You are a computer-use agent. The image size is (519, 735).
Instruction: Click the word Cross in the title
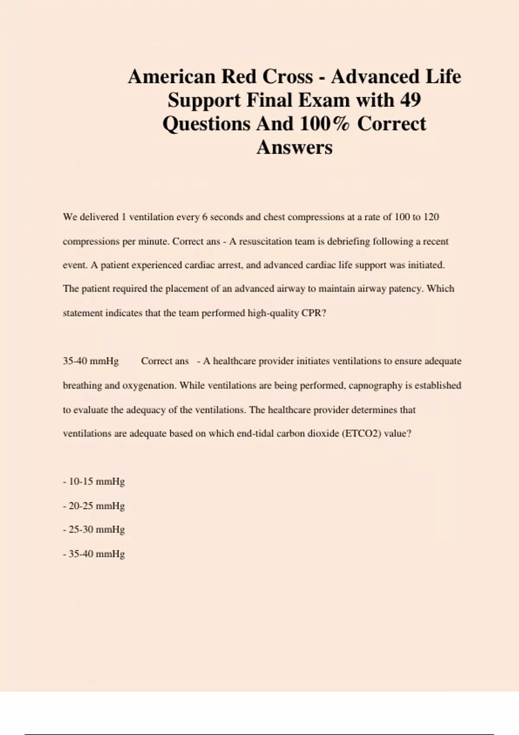[289, 77]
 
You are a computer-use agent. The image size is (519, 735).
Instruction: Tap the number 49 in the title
[410, 100]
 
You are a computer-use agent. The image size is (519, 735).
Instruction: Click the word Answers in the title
[295, 147]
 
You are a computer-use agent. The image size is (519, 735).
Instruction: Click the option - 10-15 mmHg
[94, 482]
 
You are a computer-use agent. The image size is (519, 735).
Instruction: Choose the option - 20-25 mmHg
[94, 506]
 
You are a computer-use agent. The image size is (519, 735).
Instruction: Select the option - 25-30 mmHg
[94, 530]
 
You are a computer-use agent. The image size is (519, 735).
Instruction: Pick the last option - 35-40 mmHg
[94, 554]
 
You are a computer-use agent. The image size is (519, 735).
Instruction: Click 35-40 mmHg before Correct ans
[90, 361]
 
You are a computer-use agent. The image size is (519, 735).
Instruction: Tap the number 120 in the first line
[431, 217]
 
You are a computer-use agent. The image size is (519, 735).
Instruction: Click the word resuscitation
[266, 241]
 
